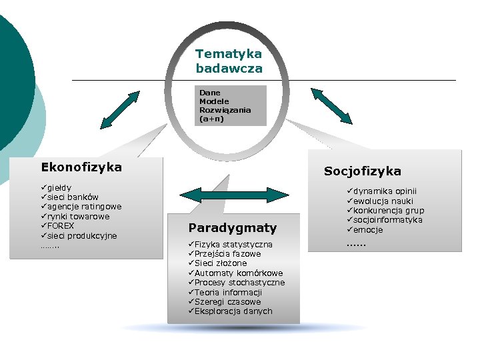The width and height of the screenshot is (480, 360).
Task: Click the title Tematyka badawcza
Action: click(x=229, y=61)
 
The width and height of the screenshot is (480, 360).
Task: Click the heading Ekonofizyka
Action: click(x=81, y=167)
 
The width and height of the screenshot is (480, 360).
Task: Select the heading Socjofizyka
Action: click(x=362, y=171)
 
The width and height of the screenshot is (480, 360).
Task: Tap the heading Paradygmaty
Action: click(x=232, y=228)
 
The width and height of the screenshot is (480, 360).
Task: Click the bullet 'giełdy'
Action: click(x=59, y=188)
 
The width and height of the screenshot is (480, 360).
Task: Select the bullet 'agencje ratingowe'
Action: click(x=83, y=207)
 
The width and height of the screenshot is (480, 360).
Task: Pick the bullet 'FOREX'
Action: click(x=60, y=226)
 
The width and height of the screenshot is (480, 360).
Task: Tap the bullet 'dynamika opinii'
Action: click(x=387, y=191)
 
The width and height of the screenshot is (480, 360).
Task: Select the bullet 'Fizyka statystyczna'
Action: click(x=233, y=245)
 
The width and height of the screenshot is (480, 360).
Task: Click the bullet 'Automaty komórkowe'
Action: click(x=238, y=273)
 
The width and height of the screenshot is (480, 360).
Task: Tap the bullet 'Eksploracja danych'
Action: click(x=233, y=311)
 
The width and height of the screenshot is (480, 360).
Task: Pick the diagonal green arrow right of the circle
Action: click(x=331, y=105)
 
